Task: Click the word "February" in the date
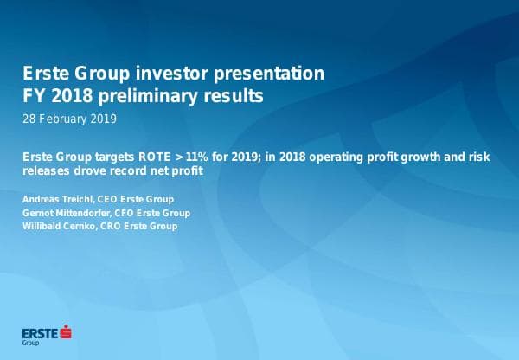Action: click(67, 118)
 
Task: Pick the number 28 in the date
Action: click(30, 118)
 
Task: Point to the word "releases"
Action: click(47, 170)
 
